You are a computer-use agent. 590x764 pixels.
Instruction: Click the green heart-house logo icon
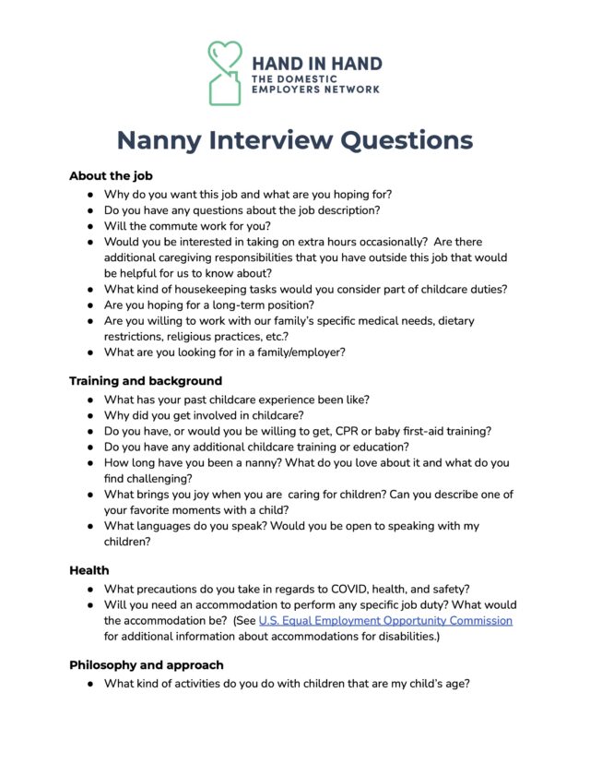(224, 72)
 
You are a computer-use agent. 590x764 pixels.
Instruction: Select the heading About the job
(111, 175)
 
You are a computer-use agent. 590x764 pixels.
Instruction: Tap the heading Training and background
(145, 380)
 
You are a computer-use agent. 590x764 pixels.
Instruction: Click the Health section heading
(89, 570)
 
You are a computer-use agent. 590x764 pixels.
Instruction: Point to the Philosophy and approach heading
(146, 664)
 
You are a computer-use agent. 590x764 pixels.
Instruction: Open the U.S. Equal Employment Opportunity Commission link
(385, 621)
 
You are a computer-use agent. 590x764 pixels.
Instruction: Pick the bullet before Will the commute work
(90, 226)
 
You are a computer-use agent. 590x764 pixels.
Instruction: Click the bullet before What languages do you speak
(90, 526)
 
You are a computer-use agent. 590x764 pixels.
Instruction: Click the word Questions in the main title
(396, 140)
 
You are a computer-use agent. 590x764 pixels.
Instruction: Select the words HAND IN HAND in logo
(316, 65)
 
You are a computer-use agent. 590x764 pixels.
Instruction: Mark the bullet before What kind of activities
(90, 684)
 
